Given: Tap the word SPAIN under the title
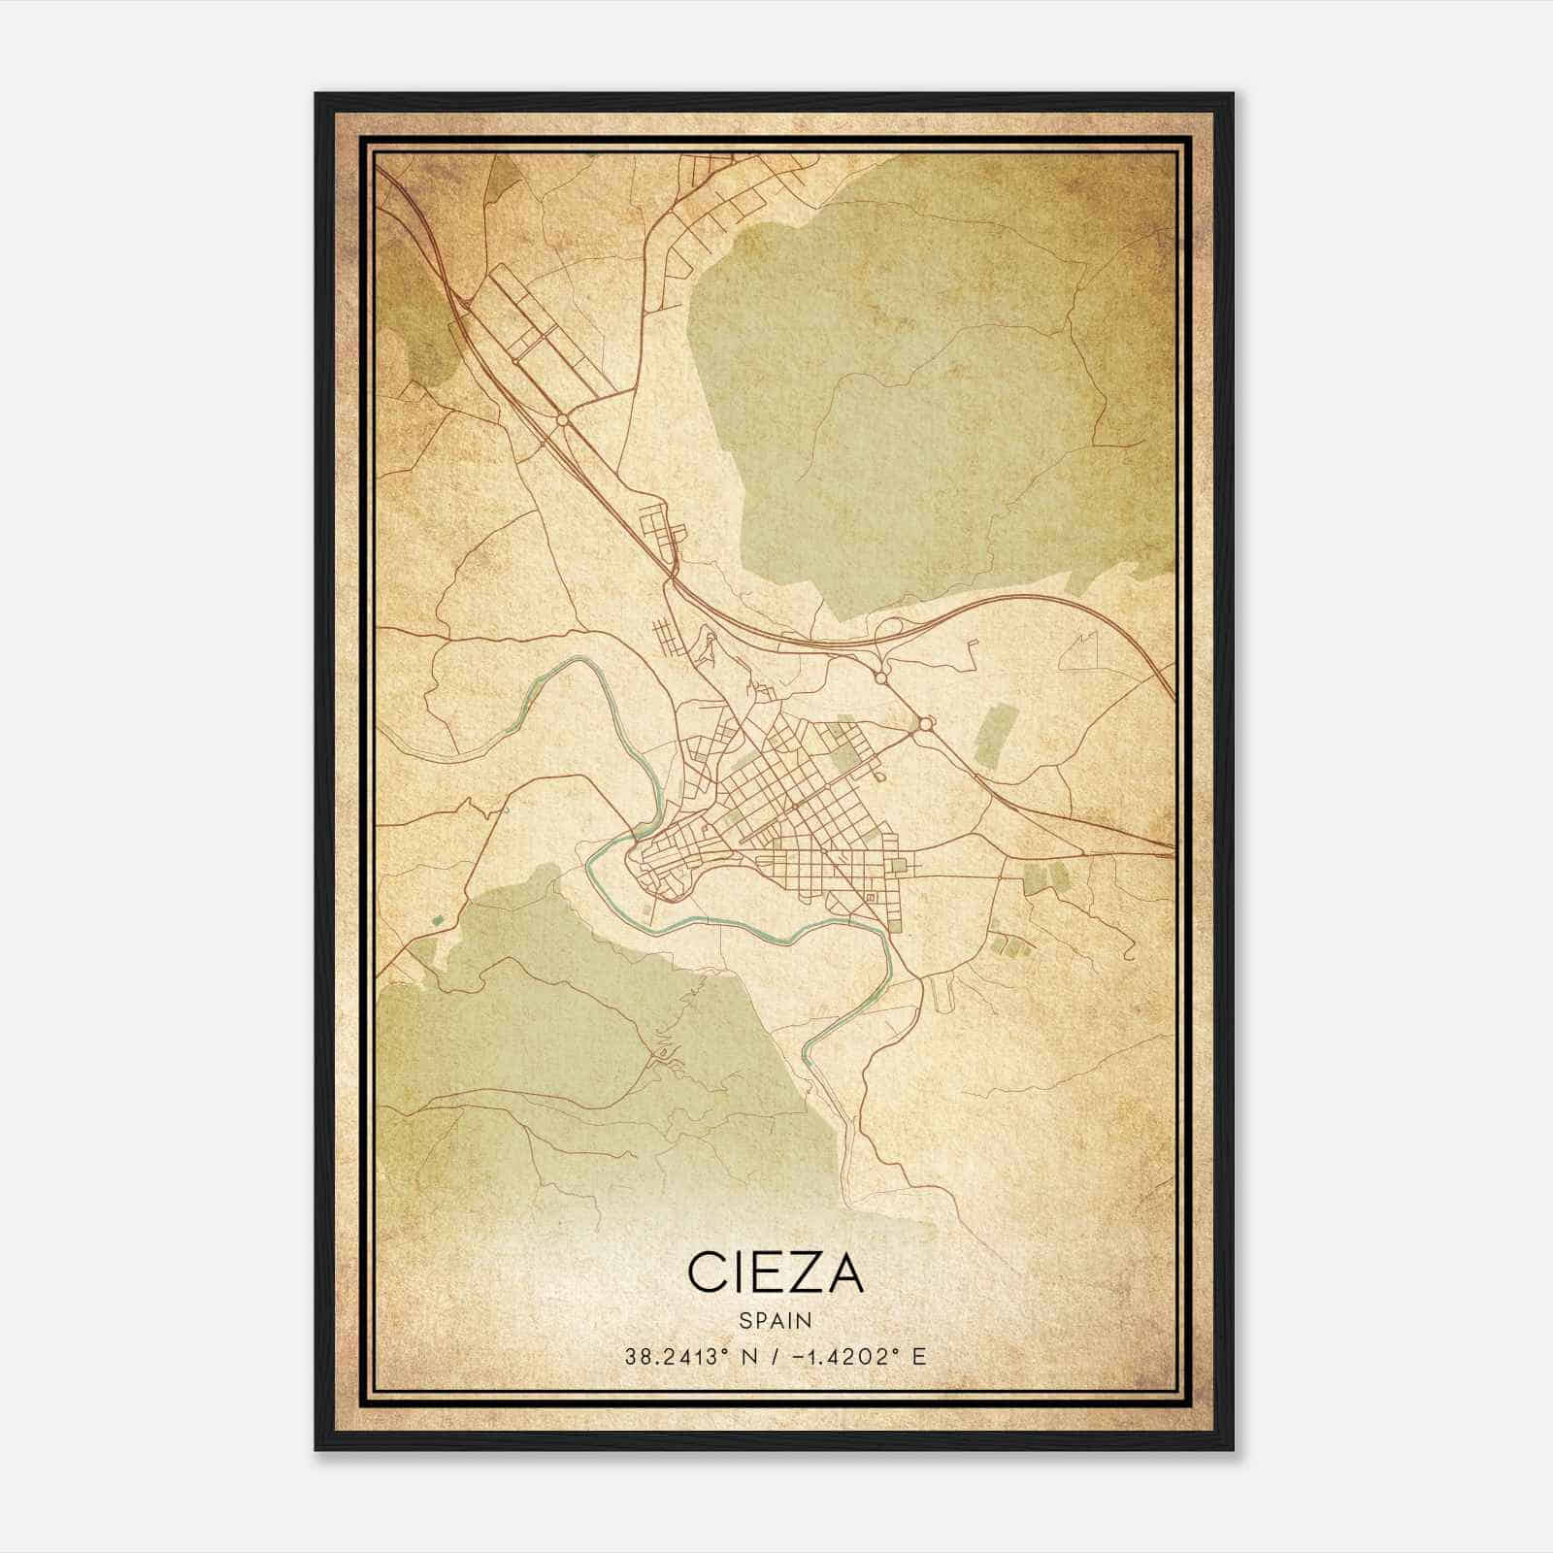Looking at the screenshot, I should [x=776, y=1320].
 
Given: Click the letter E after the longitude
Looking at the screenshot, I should [x=918, y=1356].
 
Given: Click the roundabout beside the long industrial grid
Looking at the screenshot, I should [x=562, y=419].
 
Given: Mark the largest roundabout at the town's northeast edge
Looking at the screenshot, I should [x=923, y=723].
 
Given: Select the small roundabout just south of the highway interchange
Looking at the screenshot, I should [x=880, y=677].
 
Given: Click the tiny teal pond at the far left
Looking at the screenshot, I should [x=438, y=918].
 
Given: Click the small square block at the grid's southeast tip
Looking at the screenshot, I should [x=900, y=864].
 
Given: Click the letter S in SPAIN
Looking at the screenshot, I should [x=744, y=1320].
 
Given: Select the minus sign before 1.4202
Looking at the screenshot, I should [x=799, y=1356].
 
